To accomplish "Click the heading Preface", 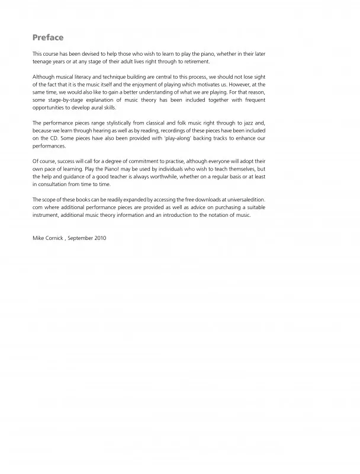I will click(48, 37).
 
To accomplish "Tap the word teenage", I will click(43, 61).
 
